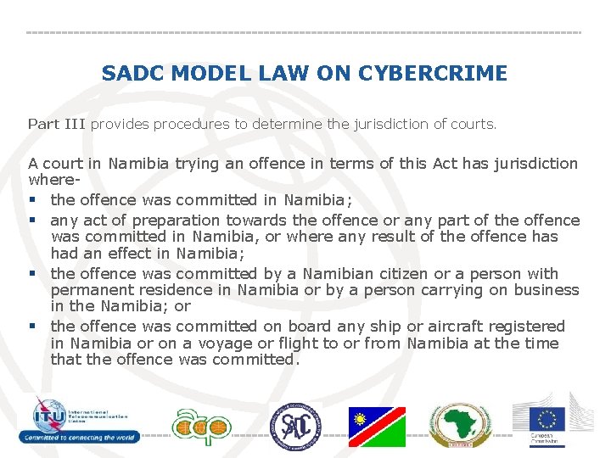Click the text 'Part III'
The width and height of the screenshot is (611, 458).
[x=57, y=124]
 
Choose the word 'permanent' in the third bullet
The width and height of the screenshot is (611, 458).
[x=90, y=290]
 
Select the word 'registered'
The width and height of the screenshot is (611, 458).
[x=527, y=326]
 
